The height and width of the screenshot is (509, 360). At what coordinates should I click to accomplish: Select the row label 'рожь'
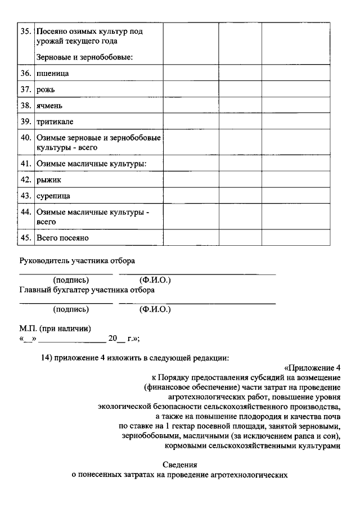46,89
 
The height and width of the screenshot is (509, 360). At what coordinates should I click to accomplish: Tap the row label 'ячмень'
49,105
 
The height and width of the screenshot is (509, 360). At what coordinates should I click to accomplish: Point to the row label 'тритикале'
55,121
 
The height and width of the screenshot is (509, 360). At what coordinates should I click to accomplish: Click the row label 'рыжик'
48,179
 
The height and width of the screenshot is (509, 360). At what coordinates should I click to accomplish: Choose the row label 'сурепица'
53,196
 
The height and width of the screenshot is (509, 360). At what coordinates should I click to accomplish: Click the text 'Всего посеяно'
62,238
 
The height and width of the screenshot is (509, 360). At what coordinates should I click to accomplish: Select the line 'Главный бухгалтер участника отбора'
87,290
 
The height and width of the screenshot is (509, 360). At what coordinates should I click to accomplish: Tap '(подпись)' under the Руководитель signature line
71,280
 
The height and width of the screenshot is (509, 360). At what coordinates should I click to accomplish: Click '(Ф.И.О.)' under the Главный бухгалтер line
155,309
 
